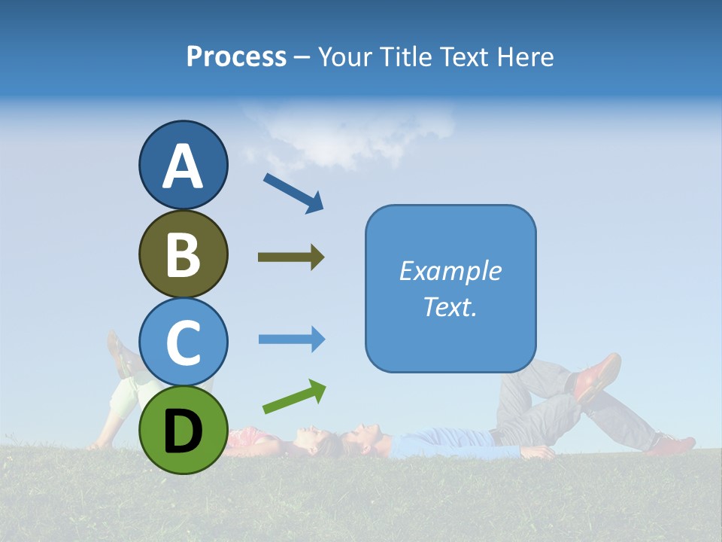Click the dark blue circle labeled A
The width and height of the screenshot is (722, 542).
click(x=183, y=165)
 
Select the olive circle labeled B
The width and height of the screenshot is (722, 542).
click(x=183, y=254)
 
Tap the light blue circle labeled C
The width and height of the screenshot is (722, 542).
click(x=183, y=342)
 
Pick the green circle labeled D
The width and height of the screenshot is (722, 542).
click(x=183, y=430)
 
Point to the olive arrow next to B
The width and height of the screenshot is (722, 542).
click(x=291, y=257)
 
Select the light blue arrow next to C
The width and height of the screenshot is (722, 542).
click(x=292, y=340)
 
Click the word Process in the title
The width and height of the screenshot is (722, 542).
click(x=236, y=57)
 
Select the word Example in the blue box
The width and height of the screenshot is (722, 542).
click(x=450, y=271)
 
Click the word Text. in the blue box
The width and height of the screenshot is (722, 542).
click(x=450, y=306)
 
